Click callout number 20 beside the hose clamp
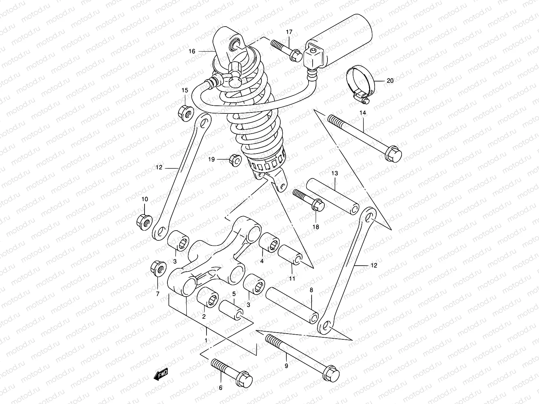click(390, 81)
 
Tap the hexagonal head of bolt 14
click(393, 154)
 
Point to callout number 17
click(290, 32)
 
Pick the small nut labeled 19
click(235, 160)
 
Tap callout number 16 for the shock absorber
click(192, 52)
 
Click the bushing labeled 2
click(208, 297)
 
